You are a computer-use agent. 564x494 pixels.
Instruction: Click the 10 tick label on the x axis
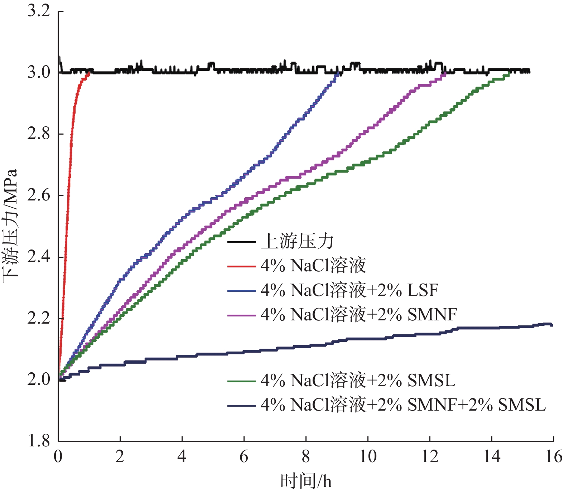tap(368, 457)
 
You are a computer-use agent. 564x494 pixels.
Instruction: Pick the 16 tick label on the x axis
tap(553, 457)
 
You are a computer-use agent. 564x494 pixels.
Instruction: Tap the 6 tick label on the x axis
tap(244, 457)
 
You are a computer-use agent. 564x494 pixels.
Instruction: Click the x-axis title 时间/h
tap(306, 481)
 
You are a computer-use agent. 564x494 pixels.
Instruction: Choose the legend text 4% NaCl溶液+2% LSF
tap(349, 290)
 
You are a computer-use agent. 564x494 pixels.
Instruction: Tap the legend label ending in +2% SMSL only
tap(358, 380)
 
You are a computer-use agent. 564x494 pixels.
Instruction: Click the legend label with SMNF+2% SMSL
tap(403, 405)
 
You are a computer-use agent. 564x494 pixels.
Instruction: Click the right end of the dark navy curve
tap(552, 325)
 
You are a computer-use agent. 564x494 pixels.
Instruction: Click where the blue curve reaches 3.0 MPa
tap(337, 73)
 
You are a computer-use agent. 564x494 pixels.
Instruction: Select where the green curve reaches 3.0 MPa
tap(509, 73)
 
